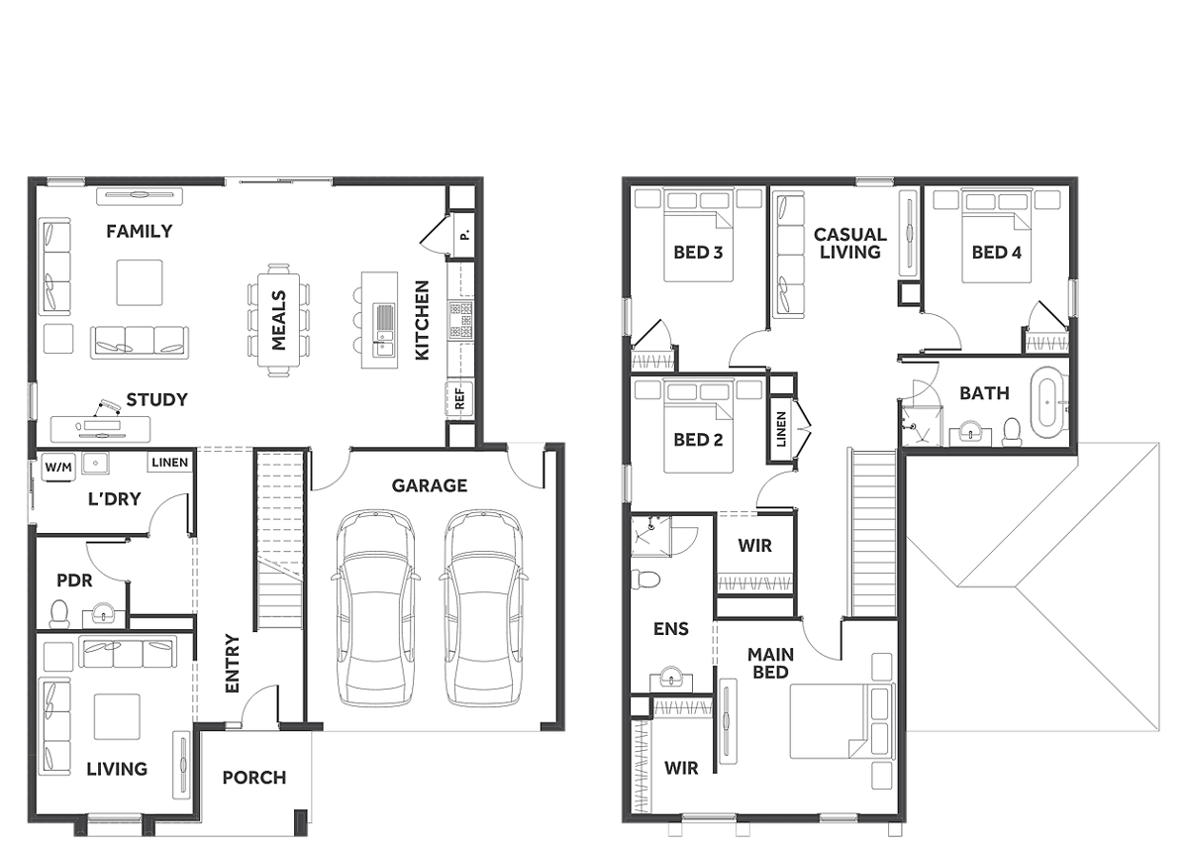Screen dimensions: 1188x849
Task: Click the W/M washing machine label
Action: (57, 468)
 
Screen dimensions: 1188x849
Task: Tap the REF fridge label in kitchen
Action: (459, 398)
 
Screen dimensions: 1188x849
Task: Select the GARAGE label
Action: (430, 485)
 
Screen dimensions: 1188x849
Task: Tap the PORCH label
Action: (254, 778)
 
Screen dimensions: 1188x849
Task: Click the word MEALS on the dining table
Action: (279, 320)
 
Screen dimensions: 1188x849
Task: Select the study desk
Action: (100, 429)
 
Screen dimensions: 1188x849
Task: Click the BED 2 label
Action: (698, 440)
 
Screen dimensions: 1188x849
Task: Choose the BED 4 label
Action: (996, 253)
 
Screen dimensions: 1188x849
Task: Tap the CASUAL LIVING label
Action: (850, 244)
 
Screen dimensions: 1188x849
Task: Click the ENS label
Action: (671, 629)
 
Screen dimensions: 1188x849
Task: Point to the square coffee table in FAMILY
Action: (140, 282)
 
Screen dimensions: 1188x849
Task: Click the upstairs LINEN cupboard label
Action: (781, 429)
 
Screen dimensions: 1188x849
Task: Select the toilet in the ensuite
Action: (645, 580)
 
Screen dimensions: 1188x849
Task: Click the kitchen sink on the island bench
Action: (383, 331)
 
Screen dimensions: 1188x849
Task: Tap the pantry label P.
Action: (464, 235)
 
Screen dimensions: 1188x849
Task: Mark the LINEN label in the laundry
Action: (169, 463)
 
